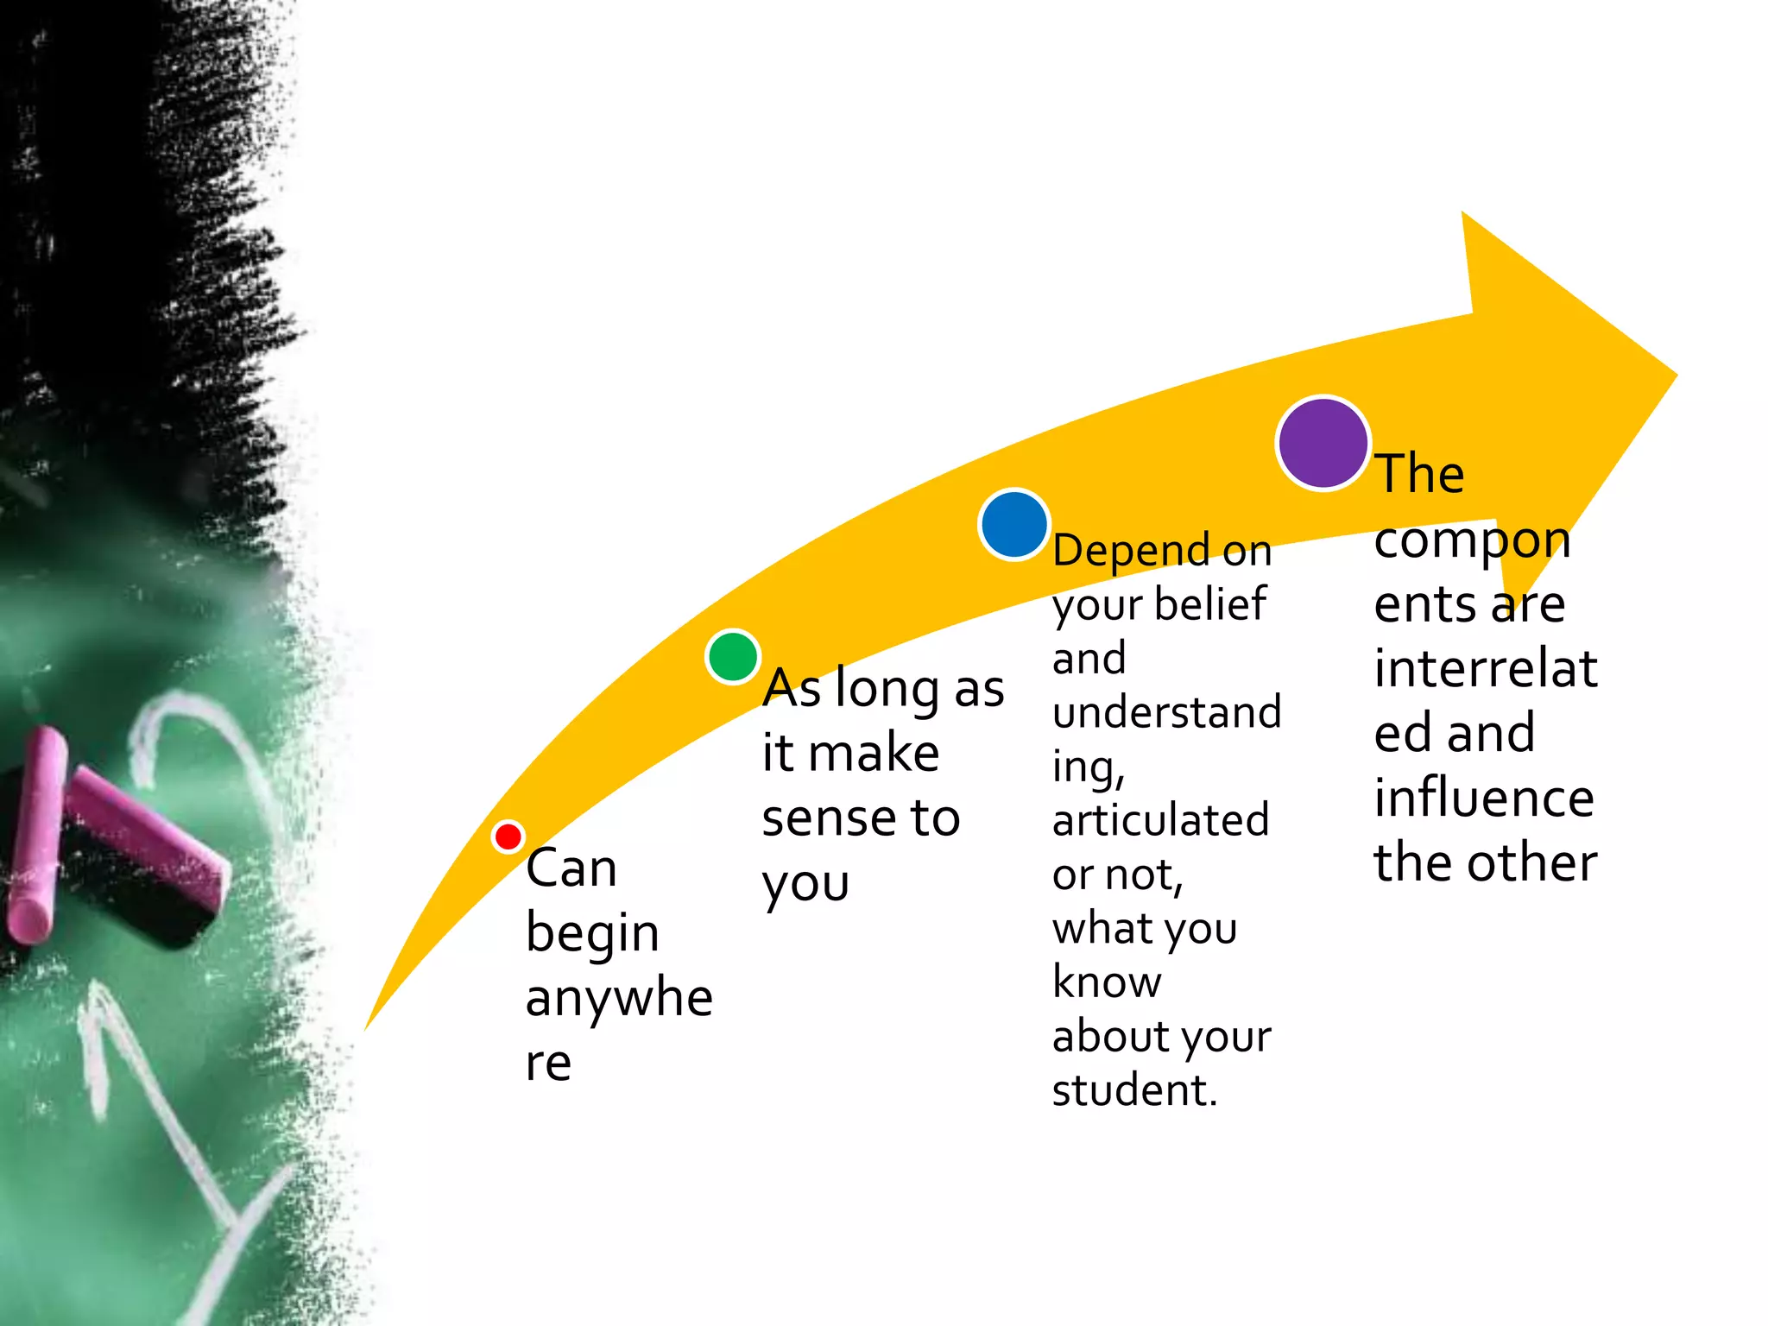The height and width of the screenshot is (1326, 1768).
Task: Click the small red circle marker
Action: pos(508,837)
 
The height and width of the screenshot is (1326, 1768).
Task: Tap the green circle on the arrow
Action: pos(733,656)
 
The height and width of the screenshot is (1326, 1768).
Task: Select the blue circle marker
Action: pos(1013,525)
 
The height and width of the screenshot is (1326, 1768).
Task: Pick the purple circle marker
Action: pos(1323,443)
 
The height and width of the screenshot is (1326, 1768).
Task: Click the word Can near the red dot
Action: pos(571,868)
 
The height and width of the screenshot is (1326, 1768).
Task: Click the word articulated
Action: pos(1160,820)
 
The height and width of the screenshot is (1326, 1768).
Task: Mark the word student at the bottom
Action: pos(1133,1090)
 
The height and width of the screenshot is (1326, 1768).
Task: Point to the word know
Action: pos(1107,982)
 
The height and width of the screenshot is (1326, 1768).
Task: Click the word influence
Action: pos(1484,798)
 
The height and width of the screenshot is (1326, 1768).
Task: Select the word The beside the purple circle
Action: pos(1420,474)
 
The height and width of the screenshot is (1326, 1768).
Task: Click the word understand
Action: pos(1166,712)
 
